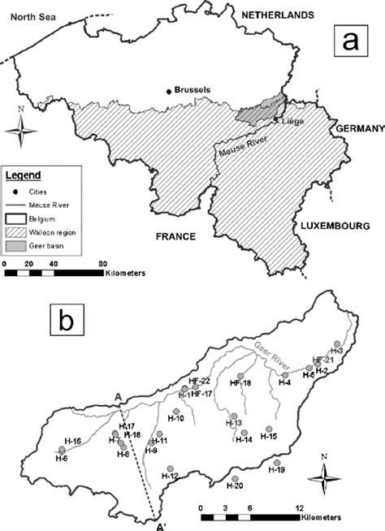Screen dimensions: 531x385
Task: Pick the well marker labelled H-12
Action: click(167, 467)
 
